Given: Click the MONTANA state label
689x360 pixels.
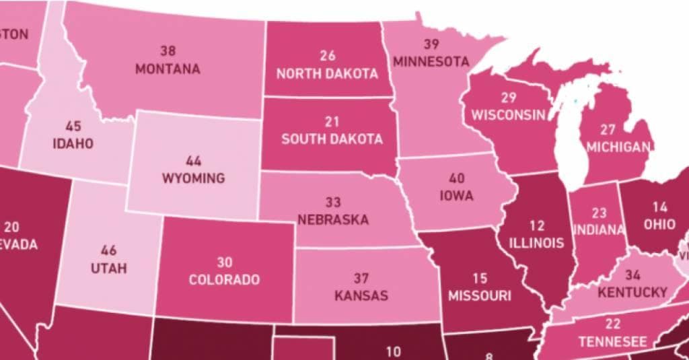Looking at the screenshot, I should point(168,69).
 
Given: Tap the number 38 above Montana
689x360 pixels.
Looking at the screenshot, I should point(168,50).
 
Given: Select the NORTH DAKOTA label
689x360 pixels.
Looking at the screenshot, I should point(328,73).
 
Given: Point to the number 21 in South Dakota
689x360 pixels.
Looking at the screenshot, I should point(332,122).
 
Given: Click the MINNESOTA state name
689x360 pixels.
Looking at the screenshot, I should point(431,61).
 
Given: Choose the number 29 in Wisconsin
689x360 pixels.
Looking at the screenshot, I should point(509,97).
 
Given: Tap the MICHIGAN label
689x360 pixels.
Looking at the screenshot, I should point(618,147).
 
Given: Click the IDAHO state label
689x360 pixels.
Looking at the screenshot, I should point(73,143).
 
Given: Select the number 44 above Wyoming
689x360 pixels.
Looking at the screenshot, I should point(193,161).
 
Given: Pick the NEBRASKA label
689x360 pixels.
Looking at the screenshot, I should point(333,219).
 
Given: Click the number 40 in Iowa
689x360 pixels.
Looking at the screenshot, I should point(457,179).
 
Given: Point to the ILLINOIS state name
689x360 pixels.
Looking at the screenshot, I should point(536,242).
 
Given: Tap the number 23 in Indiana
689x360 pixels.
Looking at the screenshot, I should point(599,213).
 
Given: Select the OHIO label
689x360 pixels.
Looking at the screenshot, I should point(659,225).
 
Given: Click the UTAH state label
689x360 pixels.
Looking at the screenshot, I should point(108,268).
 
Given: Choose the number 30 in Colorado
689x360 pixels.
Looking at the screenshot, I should point(224,262).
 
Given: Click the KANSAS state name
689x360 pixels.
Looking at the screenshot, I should point(361,295).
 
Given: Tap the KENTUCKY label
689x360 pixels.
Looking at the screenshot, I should point(632,293).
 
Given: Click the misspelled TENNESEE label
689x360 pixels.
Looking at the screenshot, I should point(613,341).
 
